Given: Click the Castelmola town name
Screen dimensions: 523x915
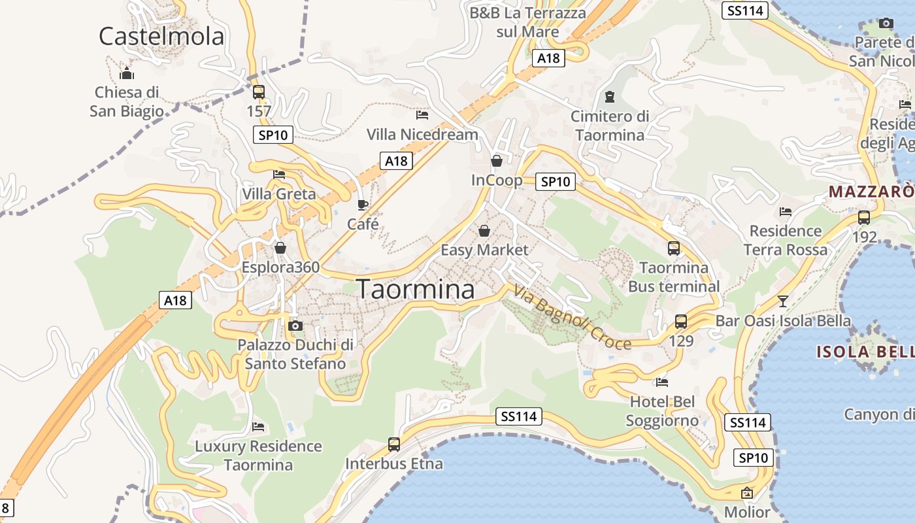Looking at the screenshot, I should pos(161,36).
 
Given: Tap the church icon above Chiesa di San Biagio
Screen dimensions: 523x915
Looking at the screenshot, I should pos(127,73).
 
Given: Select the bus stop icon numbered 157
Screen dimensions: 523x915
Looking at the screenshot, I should pos(259,92).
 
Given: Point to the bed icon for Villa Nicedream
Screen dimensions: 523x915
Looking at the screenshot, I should pos(422,115).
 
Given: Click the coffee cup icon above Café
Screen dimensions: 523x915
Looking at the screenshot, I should pos(363,205).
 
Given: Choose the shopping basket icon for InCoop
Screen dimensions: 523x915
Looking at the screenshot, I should pos(497,161).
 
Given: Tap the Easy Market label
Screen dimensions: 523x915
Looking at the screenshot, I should pos(484,250).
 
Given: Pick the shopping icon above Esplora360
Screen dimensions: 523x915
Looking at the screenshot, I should pos(280,248).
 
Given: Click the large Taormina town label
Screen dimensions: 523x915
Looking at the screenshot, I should pos(416,289).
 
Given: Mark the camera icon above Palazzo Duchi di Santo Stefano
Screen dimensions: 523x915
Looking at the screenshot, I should pos(295,326).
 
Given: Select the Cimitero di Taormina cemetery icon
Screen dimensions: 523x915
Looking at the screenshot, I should pos(610,97).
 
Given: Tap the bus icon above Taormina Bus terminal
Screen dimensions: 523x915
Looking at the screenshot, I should pos(674,248).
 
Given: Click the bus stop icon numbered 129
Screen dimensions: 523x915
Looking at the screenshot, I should pos(681,322).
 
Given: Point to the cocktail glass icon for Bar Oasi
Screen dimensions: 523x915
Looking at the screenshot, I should pos(783,301).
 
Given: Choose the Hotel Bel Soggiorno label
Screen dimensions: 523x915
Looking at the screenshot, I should pos(662,411).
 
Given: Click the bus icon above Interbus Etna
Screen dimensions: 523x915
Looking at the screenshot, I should pos(394,445).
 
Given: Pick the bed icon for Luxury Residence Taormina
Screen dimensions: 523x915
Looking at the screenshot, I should pos(258,427).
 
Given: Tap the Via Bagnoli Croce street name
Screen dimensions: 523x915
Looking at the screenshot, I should pos(573,317).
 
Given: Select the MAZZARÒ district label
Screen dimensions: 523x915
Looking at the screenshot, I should pos(871,192).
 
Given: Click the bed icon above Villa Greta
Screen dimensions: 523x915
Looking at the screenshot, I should pos(279,175).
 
